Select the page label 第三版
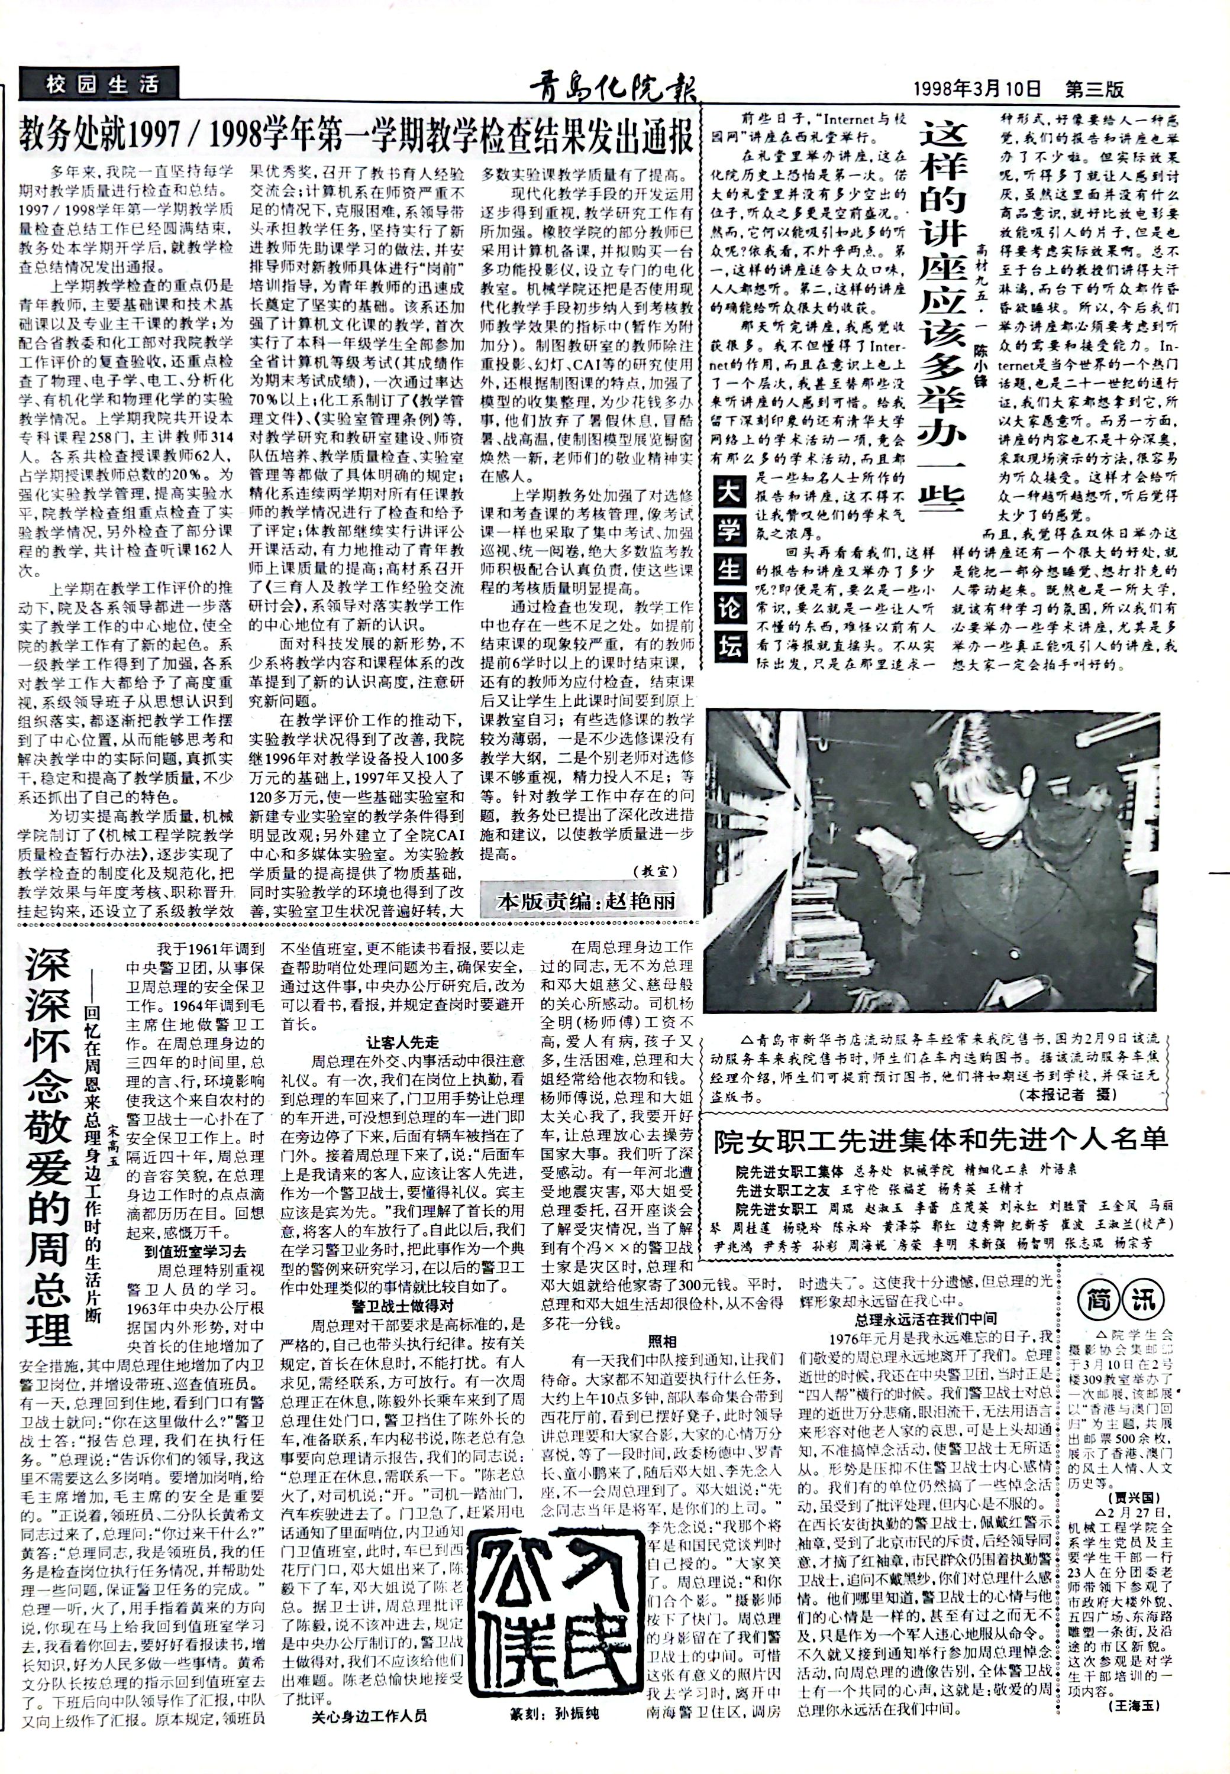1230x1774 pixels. (x=1095, y=89)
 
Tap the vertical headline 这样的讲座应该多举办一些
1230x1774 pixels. (x=942, y=318)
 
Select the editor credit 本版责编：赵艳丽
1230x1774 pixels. (x=586, y=901)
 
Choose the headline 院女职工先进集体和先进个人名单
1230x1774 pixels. (x=941, y=1139)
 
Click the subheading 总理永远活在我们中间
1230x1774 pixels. (x=920, y=1319)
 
